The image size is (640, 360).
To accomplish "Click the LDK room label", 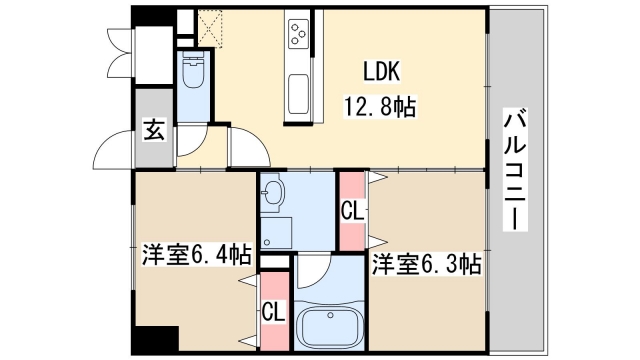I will click(381, 73).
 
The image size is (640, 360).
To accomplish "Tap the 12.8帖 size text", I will click(381, 103).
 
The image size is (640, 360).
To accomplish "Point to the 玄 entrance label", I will click(153, 129).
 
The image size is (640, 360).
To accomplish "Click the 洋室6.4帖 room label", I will click(195, 256).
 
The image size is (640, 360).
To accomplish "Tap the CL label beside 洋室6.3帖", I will click(351, 212).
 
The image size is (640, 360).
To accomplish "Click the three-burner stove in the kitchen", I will click(299, 36).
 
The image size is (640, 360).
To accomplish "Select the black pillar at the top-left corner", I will click(149, 17).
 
